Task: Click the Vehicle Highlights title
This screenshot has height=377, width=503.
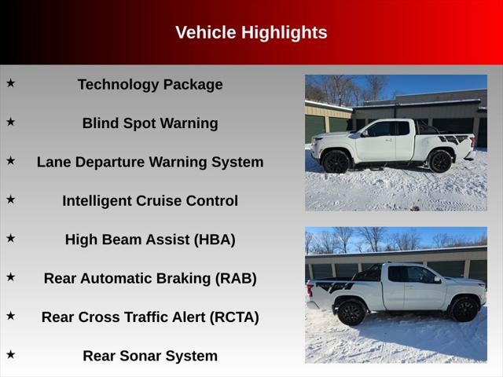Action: pyautogui.click(x=251, y=32)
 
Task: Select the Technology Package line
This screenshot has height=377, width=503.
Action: pyautogui.click(x=150, y=85)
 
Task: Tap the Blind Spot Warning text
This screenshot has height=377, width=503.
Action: pyautogui.click(x=150, y=123)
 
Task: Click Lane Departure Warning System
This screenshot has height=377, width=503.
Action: pyautogui.click(x=150, y=162)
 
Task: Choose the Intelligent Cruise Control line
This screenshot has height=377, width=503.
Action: pyautogui.click(x=150, y=200)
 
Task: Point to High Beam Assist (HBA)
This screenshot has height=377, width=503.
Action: pyautogui.click(x=150, y=240)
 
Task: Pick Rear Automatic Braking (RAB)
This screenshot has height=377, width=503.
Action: pyautogui.click(x=150, y=278)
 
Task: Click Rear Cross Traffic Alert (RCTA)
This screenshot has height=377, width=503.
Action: pyautogui.click(x=150, y=317)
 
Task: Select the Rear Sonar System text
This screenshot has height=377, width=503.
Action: pyautogui.click(x=150, y=356)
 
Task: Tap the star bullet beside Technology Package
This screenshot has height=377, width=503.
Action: pyautogui.click(x=11, y=82)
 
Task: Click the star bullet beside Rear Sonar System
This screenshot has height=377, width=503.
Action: pyautogui.click(x=11, y=354)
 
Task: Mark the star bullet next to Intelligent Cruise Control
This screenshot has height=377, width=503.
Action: pyautogui.click(x=11, y=199)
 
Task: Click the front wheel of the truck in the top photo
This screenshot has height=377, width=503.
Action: pyautogui.click(x=337, y=161)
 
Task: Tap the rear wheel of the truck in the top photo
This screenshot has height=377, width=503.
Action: pyautogui.click(x=440, y=161)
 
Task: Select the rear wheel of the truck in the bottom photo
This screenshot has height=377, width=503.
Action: pyautogui.click(x=350, y=312)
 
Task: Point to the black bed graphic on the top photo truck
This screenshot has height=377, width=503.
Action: pyautogui.click(x=453, y=139)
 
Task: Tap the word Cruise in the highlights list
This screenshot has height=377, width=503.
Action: pyautogui.click(x=166, y=200)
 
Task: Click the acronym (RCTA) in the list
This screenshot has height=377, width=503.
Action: pyautogui.click(x=234, y=317)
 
